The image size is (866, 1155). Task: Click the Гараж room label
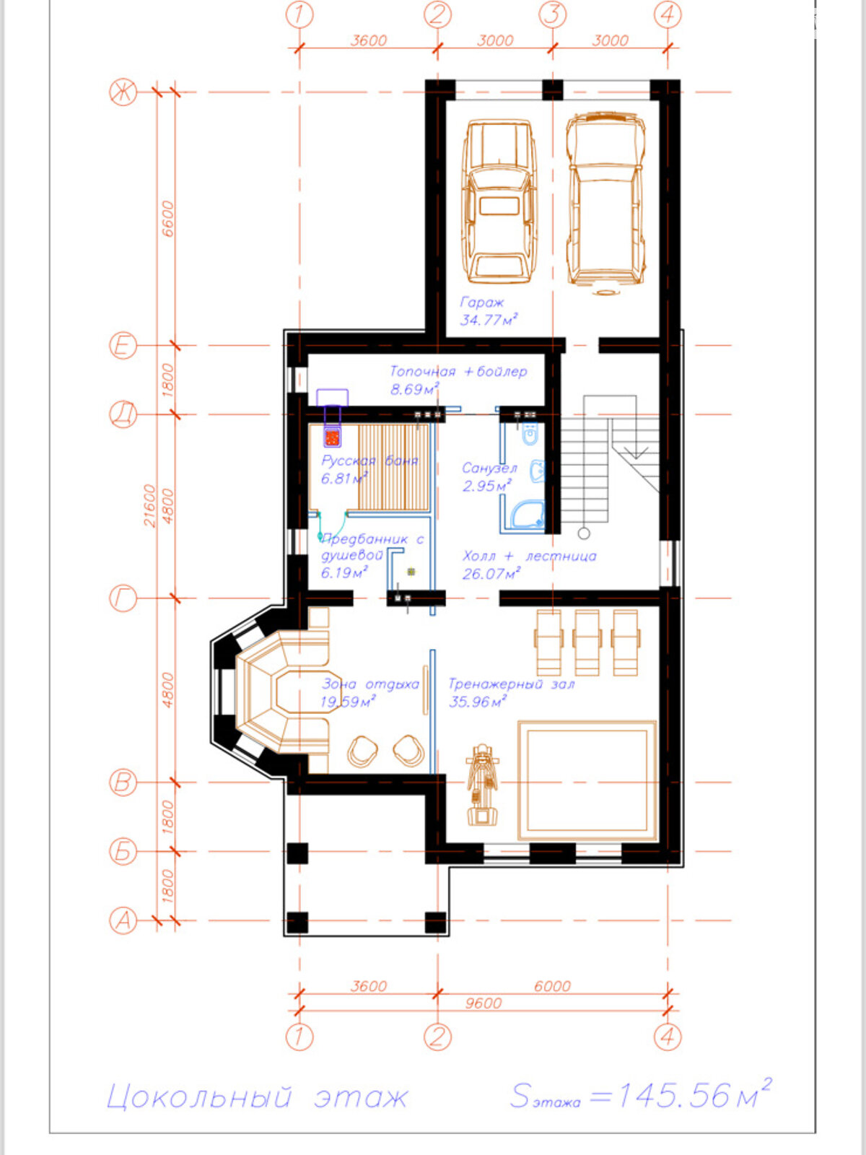coord(481,302)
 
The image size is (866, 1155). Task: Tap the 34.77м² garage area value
coord(489,319)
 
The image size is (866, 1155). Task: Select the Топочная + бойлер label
coord(458,372)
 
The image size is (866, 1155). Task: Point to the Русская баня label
coord(369,461)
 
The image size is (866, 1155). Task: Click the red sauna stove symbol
coord(332,437)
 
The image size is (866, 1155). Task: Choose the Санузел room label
coord(489,468)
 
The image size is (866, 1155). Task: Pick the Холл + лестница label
coord(530,556)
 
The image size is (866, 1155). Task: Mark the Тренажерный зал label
coord(512,684)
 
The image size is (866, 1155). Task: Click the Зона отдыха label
coord(370,684)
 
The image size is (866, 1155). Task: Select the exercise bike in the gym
coord(482,785)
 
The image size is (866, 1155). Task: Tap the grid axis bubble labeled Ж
coord(123,92)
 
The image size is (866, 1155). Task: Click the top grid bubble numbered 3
coord(553,14)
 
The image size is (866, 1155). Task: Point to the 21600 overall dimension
coord(150,506)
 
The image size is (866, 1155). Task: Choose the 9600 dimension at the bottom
coord(484,1003)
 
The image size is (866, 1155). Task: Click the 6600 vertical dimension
coord(167,219)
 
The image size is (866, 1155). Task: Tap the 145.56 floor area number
coord(673,1096)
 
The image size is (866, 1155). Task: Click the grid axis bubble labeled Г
coord(123,598)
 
